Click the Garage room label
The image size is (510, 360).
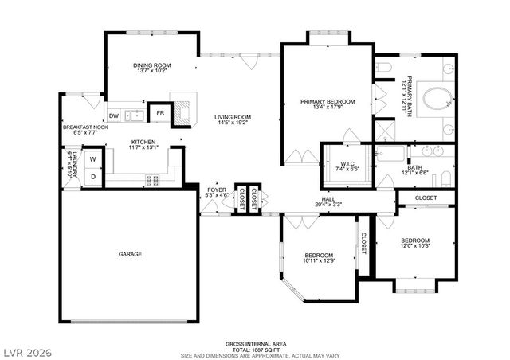[x=131, y=254]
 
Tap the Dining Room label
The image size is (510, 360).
[x=151, y=65]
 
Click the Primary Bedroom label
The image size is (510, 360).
[x=328, y=101]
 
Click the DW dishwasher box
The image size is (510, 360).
[x=114, y=115]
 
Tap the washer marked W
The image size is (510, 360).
[x=92, y=159]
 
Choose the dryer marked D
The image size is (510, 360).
[x=92, y=176]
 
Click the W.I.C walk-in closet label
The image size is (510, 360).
[x=347, y=163]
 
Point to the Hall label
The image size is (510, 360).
[x=328, y=199]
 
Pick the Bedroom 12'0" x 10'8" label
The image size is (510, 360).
[x=415, y=241]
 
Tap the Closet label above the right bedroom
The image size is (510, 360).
[x=426, y=197]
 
